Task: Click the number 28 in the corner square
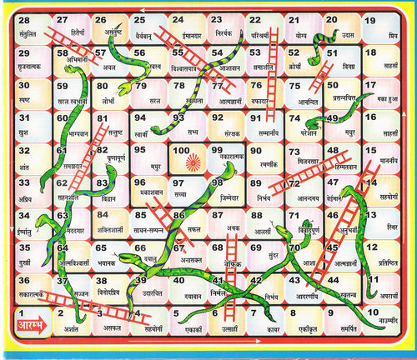tap(24, 20)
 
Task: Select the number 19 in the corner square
tap(369, 21)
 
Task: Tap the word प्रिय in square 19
tap(392, 36)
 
